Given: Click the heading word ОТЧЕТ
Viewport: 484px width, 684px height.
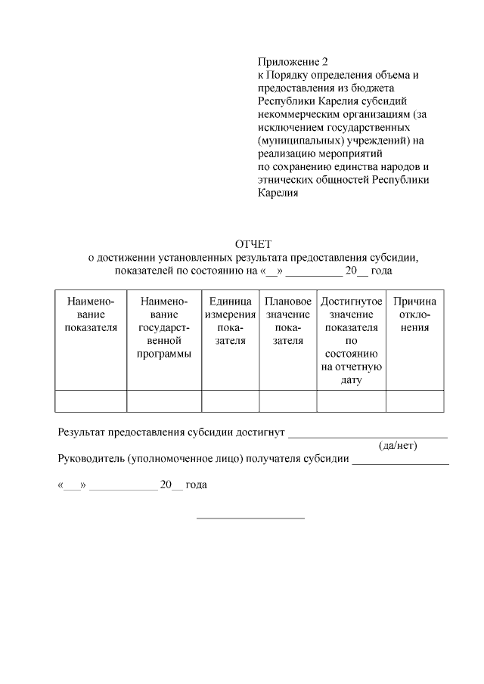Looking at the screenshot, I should click(x=253, y=244).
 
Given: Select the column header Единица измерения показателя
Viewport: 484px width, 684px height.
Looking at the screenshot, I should click(x=231, y=321).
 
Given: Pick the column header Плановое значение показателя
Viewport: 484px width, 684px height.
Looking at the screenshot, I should click(x=288, y=321).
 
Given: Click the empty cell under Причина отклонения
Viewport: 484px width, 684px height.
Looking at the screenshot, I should click(x=414, y=401).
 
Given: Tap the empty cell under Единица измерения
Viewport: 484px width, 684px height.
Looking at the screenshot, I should click(x=231, y=401).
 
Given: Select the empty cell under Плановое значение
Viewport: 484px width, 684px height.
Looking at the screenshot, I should click(x=288, y=401).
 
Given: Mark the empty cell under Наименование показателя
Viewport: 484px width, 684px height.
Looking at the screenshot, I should click(x=92, y=401).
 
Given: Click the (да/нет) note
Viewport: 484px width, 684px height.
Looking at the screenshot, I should click(x=398, y=445).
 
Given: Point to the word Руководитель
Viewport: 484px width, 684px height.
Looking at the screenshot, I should click(x=91, y=459).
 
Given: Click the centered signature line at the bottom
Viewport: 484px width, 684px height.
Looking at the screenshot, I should click(x=250, y=518).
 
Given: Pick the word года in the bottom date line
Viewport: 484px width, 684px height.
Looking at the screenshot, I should click(x=196, y=485).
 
